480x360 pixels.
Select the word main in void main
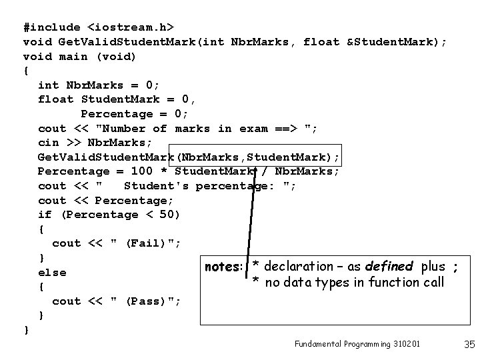[73, 56]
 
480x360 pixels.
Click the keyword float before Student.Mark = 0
[56, 99]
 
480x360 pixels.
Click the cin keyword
[49, 143]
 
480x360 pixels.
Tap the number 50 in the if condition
[169, 215]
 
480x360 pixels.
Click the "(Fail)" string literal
[145, 243]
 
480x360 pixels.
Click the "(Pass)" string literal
[145, 301]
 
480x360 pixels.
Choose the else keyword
[52, 272]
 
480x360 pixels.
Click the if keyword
[45, 215]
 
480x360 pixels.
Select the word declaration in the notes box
[299, 267]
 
